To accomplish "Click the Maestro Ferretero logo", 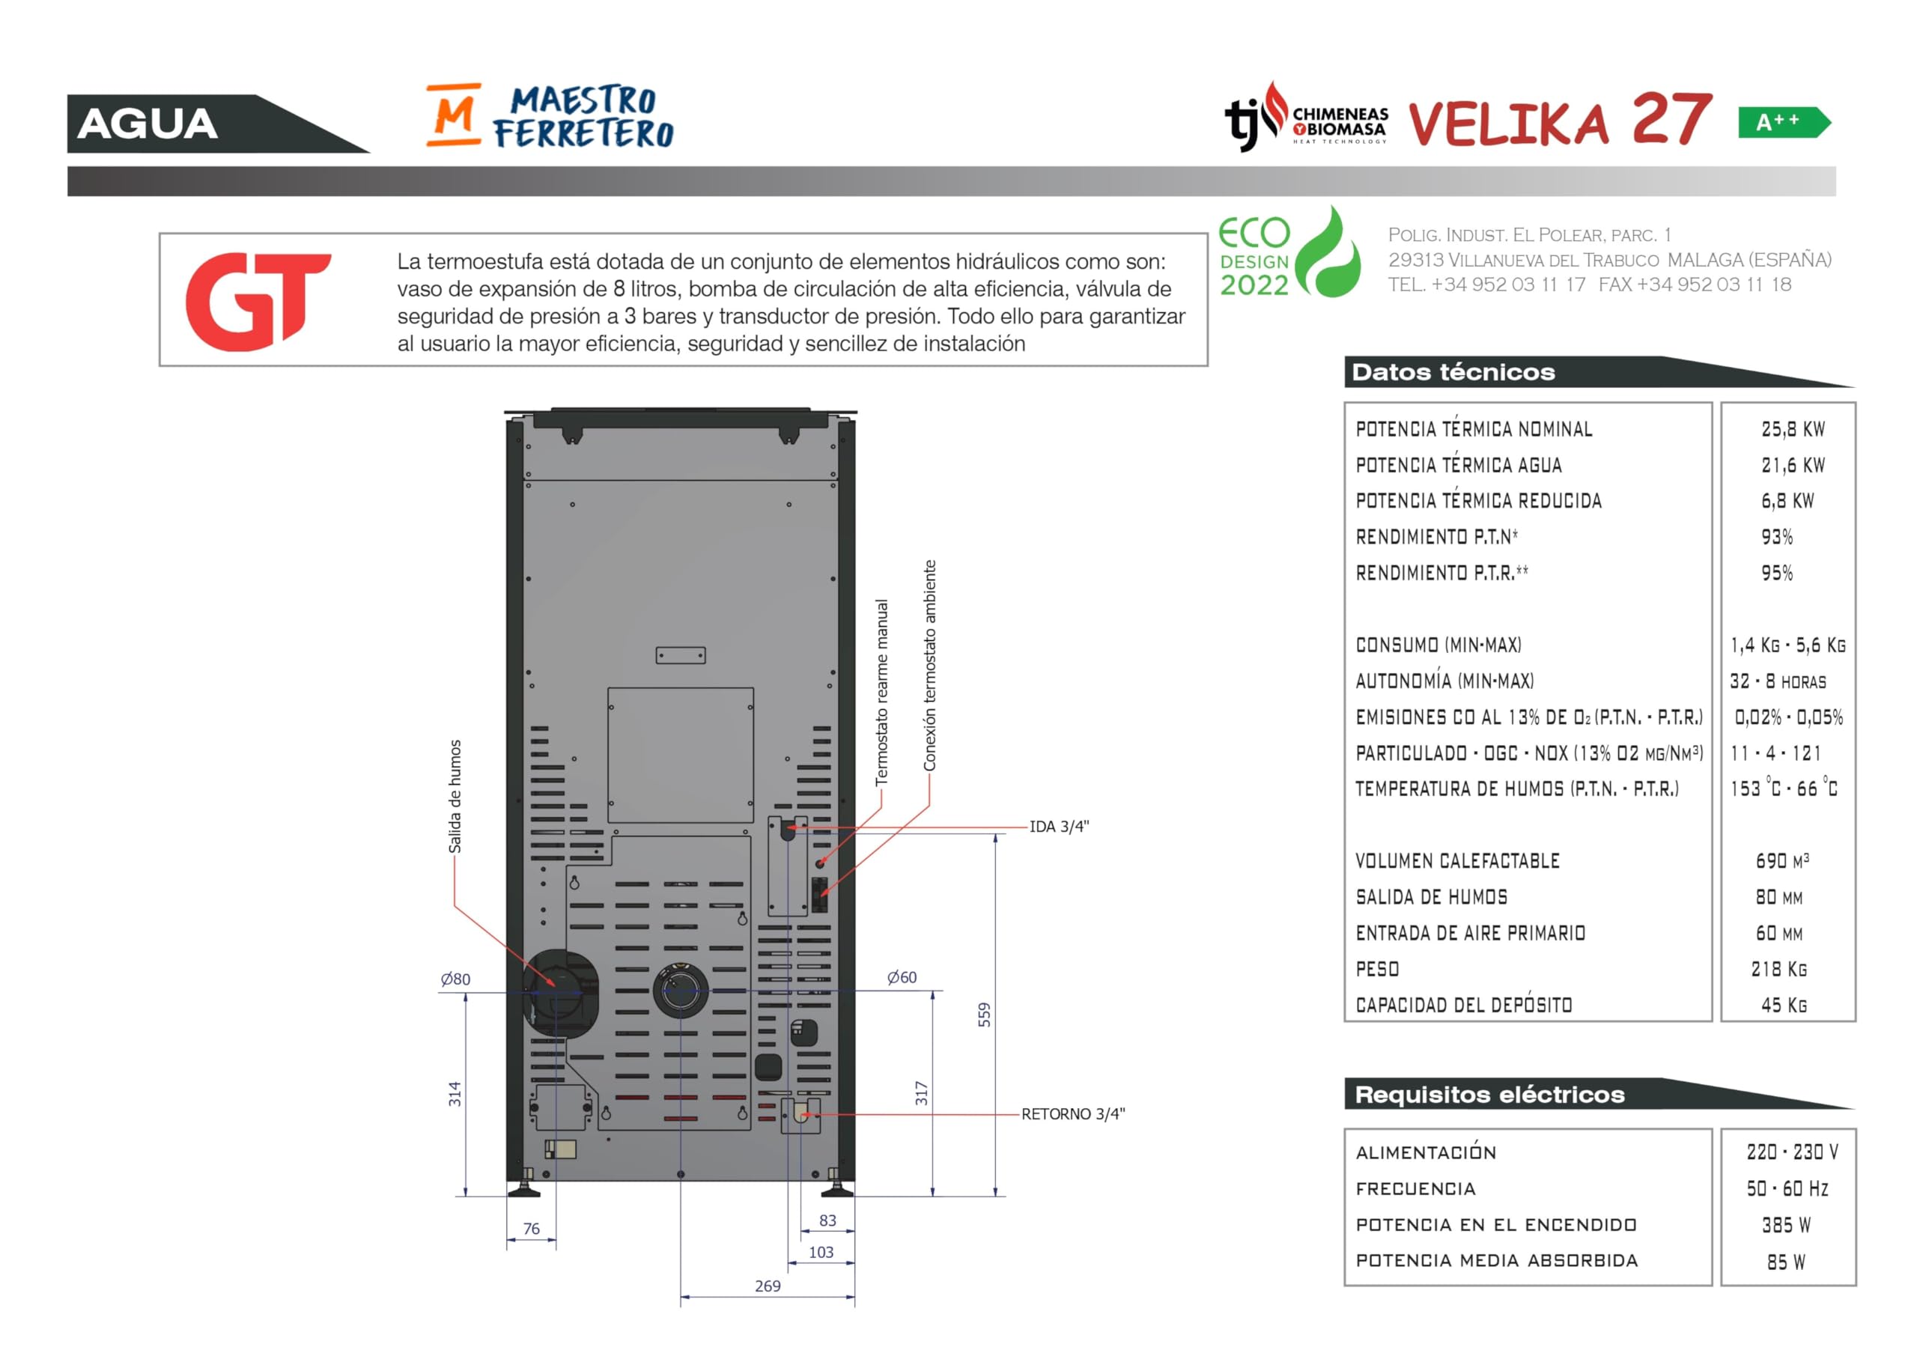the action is (x=550, y=115).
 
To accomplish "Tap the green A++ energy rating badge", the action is (x=1784, y=123).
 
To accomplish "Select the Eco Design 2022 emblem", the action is (x=1290, y=252).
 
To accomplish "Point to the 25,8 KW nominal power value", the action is (x=1793, y=429).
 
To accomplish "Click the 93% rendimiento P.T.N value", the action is (x=1777, y=537).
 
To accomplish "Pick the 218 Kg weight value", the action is (x=1779, y=970).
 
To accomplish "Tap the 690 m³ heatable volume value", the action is (x=1782, y=861).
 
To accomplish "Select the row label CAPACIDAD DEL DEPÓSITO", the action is (x=1464, y=1005).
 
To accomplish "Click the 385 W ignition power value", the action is (x=1786, y=1225).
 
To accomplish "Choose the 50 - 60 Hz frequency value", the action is (x=1787, y=1188).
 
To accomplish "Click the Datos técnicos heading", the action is (x=1453, y=372).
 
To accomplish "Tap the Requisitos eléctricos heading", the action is (x=1489, y=1095).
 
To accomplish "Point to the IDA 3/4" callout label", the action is (x=1059, y=827).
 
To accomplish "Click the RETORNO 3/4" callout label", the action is (x=1073, y=1114).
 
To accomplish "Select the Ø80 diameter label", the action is (x=456, y=979).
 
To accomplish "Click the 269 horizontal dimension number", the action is (x=768, y=1286).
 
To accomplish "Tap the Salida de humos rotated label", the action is (x=455, y=797).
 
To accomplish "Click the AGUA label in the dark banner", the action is (x=148, y=124).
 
